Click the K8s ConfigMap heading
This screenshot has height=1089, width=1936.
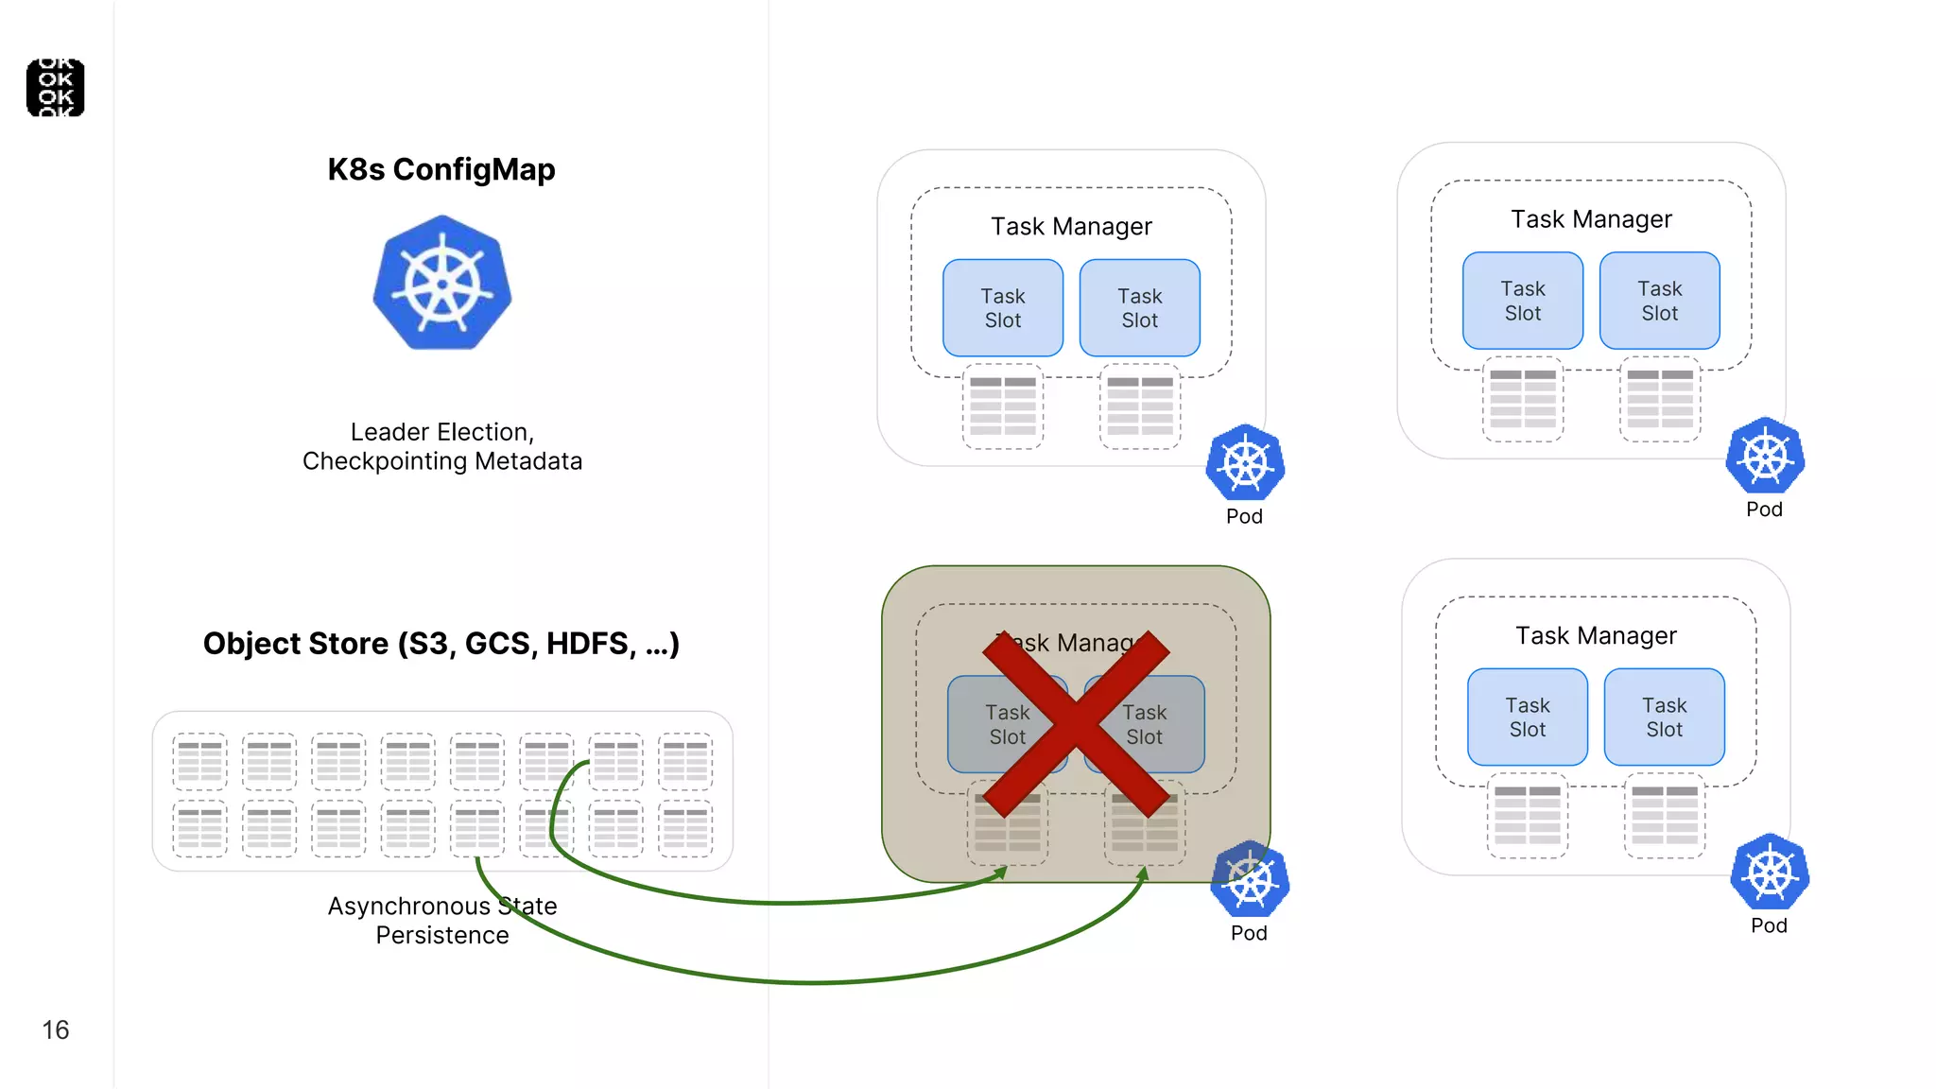(441, 169)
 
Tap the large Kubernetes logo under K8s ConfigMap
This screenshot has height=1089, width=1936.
(441, 284)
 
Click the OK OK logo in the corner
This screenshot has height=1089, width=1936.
(55, 88)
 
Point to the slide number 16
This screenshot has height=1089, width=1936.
(55, 1029)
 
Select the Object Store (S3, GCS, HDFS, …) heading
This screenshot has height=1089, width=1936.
(441, 644)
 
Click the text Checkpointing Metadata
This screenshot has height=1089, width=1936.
(441, 461)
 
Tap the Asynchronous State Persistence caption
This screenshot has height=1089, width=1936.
(441, 921)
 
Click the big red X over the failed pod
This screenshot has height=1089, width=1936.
(1076, 724)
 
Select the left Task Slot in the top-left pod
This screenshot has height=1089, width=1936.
(1002, 308)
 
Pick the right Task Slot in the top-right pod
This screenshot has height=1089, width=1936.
(1659, 301)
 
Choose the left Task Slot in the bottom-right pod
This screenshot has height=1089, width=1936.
(1527, 717)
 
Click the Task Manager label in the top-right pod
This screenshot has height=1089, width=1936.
(1591, 219)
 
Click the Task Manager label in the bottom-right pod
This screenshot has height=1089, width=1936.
(1596, 636)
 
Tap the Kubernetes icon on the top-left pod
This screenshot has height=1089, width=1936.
(1245, 463)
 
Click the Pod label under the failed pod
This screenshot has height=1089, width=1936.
(1248, 933)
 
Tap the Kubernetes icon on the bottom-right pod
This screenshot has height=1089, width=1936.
(1769, 873)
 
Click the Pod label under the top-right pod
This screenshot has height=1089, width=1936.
(1764, 510)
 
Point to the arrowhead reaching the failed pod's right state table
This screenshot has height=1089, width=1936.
(1143, 873)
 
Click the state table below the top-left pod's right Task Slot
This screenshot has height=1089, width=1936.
(1139, 406)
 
